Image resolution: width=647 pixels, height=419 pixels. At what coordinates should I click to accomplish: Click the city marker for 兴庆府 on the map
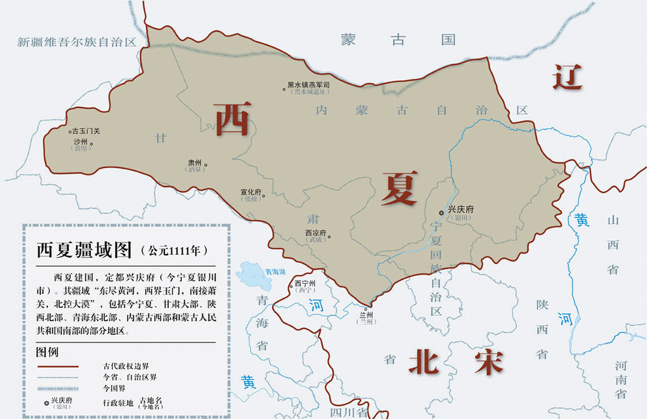(x=442, y=213)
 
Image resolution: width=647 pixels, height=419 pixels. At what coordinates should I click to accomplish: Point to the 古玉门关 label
(x=86, y=131)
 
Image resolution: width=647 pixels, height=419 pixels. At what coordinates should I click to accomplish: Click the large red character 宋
(x=488, y=361)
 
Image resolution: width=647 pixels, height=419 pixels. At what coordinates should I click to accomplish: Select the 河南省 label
(x=620, y=379)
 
